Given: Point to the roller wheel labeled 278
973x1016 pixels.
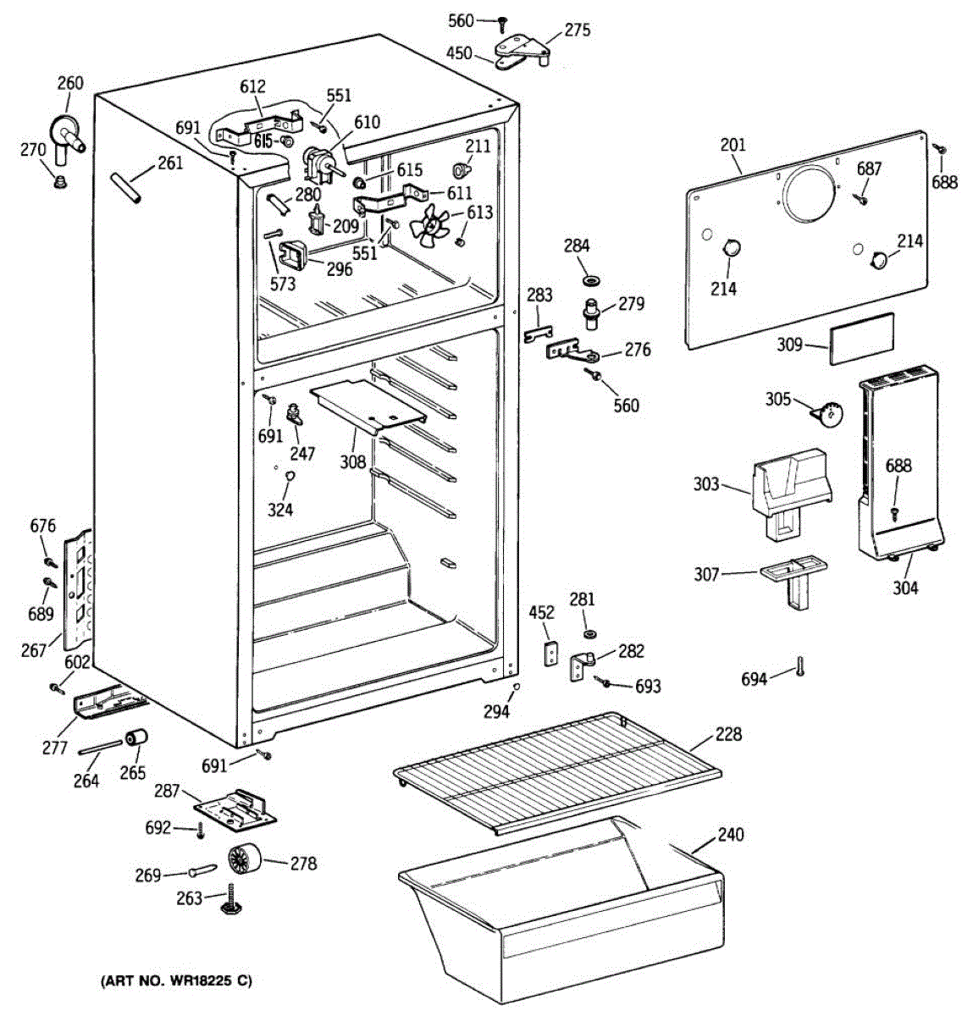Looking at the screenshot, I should point(246,861).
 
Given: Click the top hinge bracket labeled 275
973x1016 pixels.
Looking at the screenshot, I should point(522,47).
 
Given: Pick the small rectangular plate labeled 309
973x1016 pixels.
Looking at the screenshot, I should point(861,337).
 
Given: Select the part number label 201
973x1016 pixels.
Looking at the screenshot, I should point(733,145).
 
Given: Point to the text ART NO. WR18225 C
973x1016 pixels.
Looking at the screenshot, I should point(176,981).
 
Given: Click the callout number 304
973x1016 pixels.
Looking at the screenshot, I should point(905,588).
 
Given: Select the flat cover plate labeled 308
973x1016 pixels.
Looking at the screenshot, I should point(369,402).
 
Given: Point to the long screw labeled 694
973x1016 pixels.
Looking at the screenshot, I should point(799,667).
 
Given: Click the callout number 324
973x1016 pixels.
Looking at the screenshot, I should point(280,509).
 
